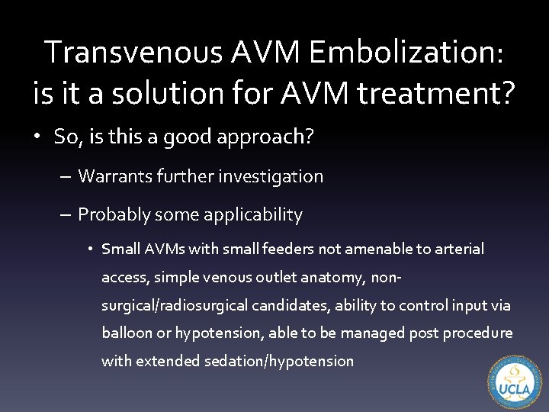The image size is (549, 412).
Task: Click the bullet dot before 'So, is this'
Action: pos(37,137)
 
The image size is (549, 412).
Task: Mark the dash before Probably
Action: pos(66,215)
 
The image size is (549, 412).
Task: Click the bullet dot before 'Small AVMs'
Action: pos(89,249)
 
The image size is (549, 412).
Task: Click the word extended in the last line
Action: pos(169,361)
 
